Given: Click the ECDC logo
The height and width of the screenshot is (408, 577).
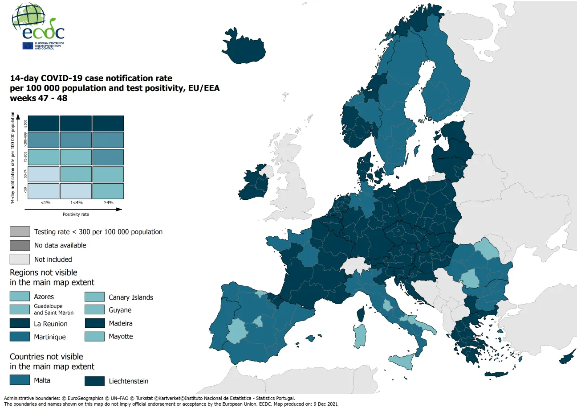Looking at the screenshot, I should pyautogui.click(x=38, y=27).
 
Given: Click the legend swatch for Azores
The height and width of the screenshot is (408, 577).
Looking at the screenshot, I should pyautogui.click(x=20, y=296).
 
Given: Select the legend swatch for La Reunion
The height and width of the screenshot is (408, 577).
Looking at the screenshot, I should pyautogui.click(x=20, y=323).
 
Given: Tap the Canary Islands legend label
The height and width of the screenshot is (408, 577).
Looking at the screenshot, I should pyautogui.click(x=130, y=297).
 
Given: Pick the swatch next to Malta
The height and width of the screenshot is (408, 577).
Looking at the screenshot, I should pyautogui.click(x=20, y=380).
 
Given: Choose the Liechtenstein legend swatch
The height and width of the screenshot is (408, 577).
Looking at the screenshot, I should pyautogui.click(x=94, y=381).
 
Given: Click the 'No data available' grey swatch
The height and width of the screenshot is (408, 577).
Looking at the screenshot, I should pyautogui.click(x=20, y=245).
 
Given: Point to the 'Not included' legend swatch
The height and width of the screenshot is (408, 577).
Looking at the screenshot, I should pyautogui.click(x=20, y=259).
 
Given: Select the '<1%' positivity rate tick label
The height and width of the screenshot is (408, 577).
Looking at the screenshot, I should pyautogui.click(x=45, y=202).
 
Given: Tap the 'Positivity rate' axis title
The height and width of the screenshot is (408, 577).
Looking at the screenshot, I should pyautogui.click(x=76, y=214).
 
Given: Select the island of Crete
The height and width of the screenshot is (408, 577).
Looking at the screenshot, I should pyautogui.click(x=496, y=374).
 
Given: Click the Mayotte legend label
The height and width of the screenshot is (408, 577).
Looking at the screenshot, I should pyautogui.click(x=121, y=336).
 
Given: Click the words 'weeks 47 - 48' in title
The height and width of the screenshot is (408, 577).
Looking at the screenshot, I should pyautogui.click(x=39, y=98).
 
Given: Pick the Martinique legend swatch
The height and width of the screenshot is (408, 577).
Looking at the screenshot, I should pyautogui.click(x=20, y=337).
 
